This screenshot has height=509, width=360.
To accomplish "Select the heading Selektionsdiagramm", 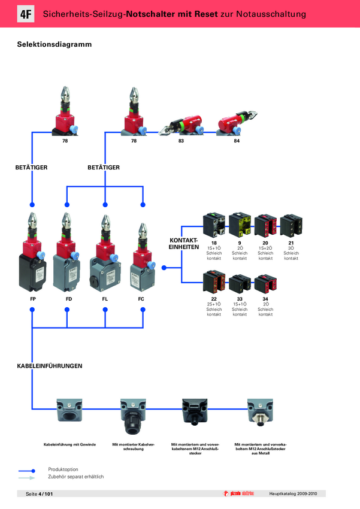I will pyautogui.click(x=54, y=44).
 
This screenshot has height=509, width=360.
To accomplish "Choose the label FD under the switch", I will pyautogui.click(x=67, y=298).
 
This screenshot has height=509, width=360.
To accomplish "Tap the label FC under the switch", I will pyautogui.click(x=141, y=298).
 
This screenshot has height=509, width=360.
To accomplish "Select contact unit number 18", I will pyautogui.click(x=214, y=243).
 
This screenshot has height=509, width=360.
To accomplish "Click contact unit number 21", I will pyautogui.click(x=291, y=243).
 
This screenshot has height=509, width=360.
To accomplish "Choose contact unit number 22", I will pyautogui.click(x=214, y=298).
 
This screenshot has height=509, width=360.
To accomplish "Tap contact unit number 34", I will pyautogui.click(x=265, y=298).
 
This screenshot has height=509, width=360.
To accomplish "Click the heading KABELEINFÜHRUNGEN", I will pyautogui.click(x=49, y=365).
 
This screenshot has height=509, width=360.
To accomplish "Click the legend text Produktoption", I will pyautogui.click(x=63, y=469).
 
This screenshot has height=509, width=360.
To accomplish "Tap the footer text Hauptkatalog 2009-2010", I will pyautogui.click(x=297, y=493).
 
